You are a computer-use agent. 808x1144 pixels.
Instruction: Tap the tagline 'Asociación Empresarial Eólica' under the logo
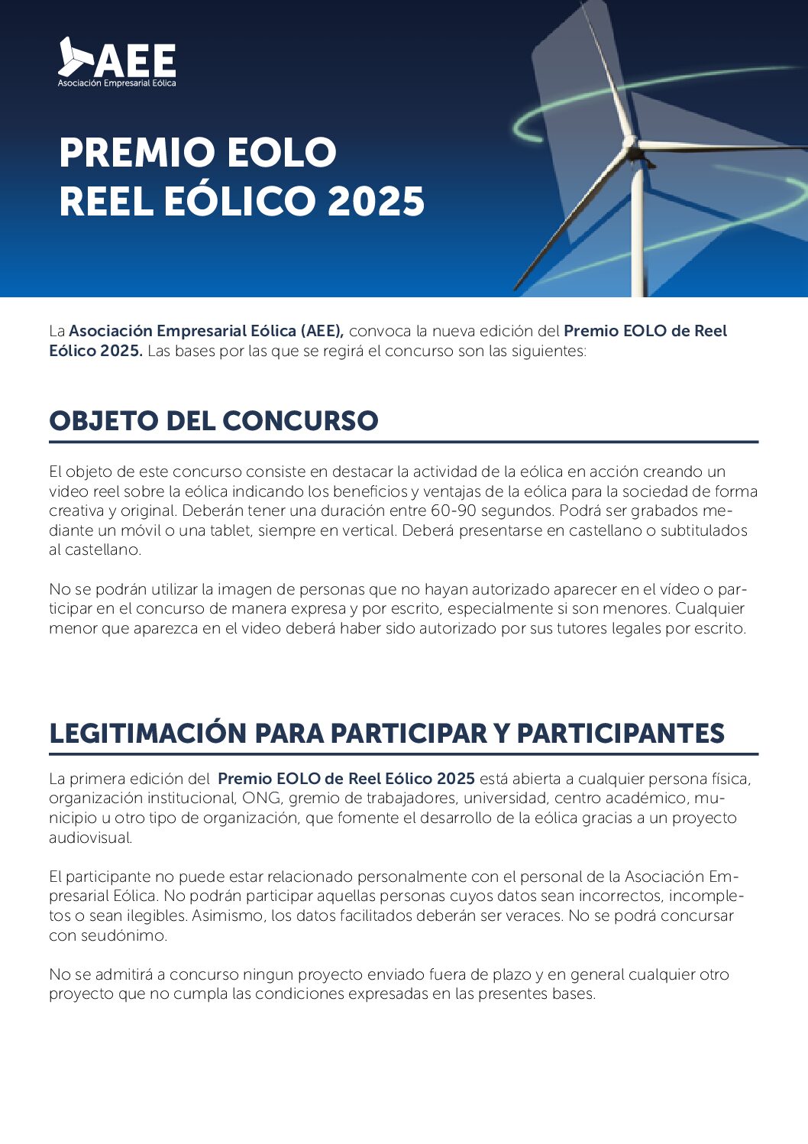click(117, 83)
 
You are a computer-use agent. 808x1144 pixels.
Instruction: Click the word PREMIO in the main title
click(134, 153)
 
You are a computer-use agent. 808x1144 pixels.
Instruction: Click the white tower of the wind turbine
click(638, 237)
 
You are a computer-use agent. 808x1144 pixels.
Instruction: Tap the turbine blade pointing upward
click(606, 69)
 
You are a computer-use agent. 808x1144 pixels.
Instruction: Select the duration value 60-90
click(454, 510)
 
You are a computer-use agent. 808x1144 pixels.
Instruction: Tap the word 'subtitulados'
click(703, 530)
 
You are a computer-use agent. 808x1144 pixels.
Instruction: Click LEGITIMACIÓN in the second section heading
click(147, 734)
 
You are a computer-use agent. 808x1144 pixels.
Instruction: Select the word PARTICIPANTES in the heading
click(620, 734)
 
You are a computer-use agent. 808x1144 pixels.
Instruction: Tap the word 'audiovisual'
click(90, 838)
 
